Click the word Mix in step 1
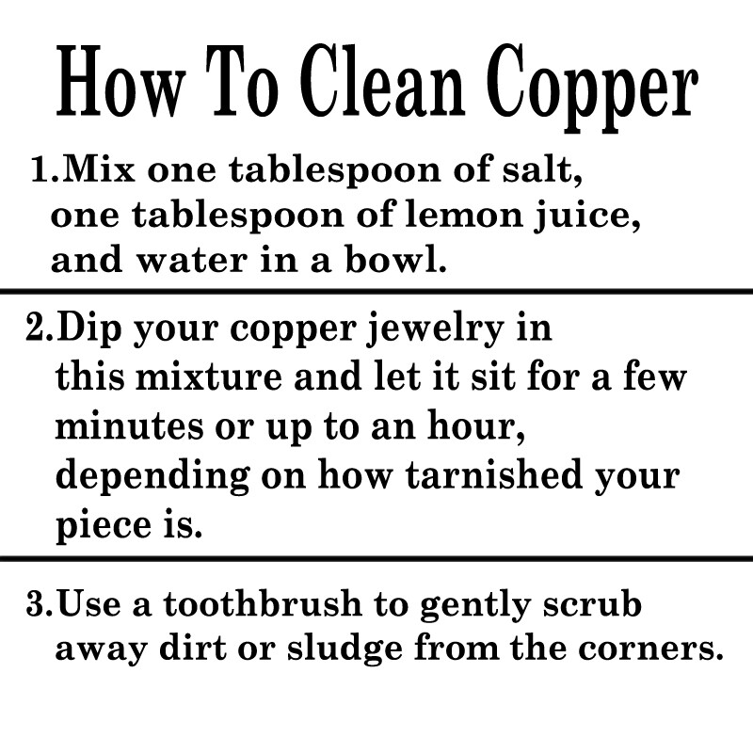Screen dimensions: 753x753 click(x=99, y=169)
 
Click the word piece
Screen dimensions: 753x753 click(x=104, y=526)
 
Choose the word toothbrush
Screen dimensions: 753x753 click(x=263, y=603)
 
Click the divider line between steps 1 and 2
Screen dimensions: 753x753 click(x=376, y=292)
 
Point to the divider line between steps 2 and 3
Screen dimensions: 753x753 click(x=376, y=559)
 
